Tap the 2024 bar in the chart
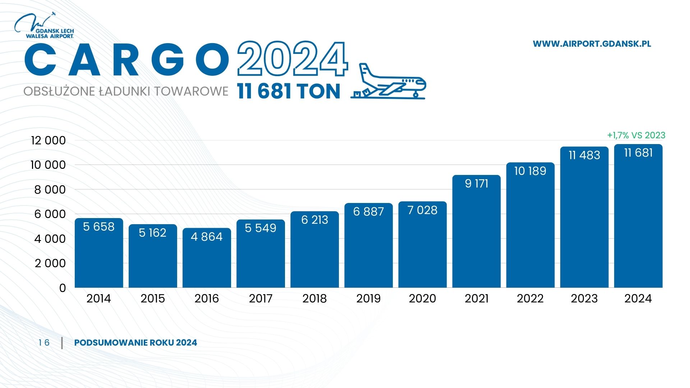pos(638,223)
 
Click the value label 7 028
pos(422,210)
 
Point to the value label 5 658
pos(99,227)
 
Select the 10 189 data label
pos(530,171)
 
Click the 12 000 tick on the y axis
pos(49,140)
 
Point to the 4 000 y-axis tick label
pos(50,239)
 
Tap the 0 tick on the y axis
pos(63,288)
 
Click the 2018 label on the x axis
pos(314,299)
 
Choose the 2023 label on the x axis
pos(584,299)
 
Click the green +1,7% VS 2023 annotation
pos(636,135)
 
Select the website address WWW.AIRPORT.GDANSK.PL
pos(592,44)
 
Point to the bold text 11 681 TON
pos(289,91)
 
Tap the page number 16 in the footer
pos(44,343)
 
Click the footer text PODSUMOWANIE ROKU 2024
pos(135,343)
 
